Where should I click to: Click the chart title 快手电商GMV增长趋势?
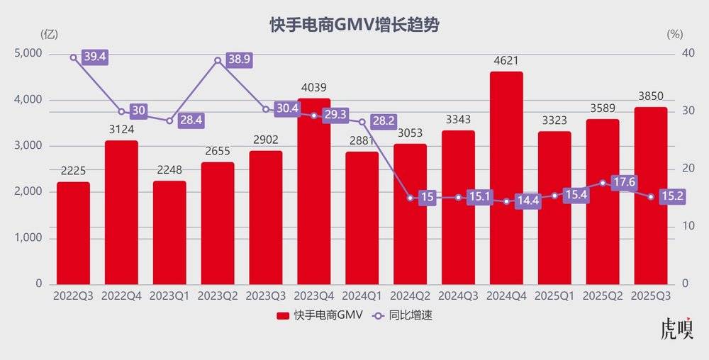click(354, 25)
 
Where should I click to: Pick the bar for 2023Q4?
click(313, 191)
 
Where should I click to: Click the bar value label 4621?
click(506, 62)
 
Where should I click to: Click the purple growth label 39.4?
click(94, 57)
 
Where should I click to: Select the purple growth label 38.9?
click(239, 60)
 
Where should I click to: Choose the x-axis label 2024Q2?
click(410, 296)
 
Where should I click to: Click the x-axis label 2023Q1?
click(169, 296)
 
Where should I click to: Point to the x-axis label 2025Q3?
click(650, 296)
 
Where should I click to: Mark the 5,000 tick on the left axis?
click(28, 54)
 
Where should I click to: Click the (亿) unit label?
click(50, 33)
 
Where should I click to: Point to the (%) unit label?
click(675, 33)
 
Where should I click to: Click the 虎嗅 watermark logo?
click(676, 329)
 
